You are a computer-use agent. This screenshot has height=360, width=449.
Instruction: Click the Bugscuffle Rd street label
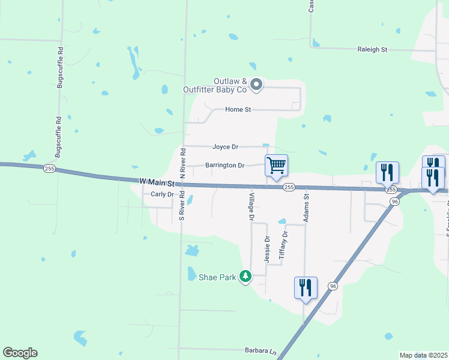click(x=59, y=67)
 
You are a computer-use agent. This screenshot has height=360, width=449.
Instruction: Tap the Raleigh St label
click(x=372, y=50)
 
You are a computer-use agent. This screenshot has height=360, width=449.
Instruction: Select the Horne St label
click(x=237, y=110)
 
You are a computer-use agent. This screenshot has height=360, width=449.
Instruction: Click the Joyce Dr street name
click(x=225, y=146)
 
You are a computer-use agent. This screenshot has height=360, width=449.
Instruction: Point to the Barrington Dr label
click(x=224, y=165)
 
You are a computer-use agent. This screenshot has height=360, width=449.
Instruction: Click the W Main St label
click(x=156, y=181)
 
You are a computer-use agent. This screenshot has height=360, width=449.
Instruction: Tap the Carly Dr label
click(x=162, y=194)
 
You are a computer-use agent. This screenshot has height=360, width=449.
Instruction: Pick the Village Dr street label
click(x=252, y=207)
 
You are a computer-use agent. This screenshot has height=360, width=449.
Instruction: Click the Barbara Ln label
click(x=259, y=350)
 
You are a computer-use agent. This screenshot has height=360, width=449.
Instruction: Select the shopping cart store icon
click(x=276, y=165)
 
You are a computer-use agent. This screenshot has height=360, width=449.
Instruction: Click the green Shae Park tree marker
click(x=245, y=277)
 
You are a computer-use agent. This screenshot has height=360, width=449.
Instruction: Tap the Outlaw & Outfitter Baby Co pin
click(x=256, y=85)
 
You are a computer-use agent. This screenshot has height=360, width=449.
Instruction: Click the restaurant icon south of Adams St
click(x=306, y=287)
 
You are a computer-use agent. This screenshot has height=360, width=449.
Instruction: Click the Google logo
click(x=20, y=353)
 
